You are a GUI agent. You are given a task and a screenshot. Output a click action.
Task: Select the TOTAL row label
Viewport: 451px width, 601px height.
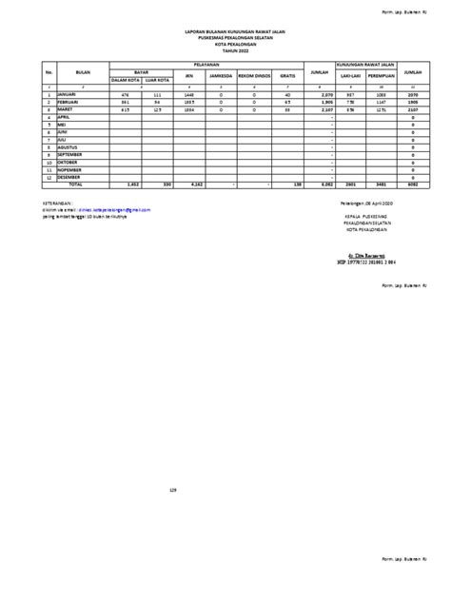click(75, 183)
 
